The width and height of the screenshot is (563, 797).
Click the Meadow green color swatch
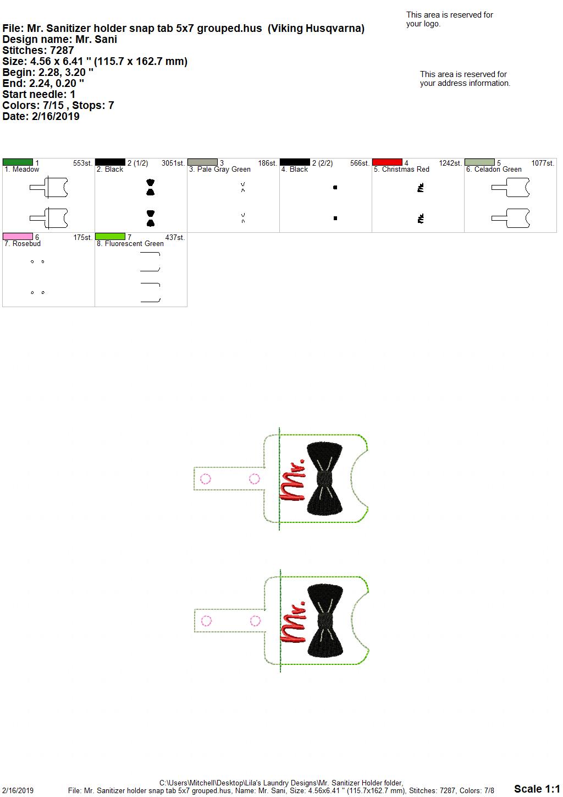click(18, 162)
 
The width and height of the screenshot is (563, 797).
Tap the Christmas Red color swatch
click(387, 162)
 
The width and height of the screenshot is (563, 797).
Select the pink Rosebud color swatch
click(18, 236)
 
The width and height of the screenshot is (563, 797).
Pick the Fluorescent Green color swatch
click(110, 236)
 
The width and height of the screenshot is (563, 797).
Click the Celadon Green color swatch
click(479, 162)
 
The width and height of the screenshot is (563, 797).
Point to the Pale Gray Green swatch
click(202, 162)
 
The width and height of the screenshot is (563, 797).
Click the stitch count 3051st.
click(173, 163)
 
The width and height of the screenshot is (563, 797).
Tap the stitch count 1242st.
click(450, 163)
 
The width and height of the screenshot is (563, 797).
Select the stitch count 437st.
click(175, 237)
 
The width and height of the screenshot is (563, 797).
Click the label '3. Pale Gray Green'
click(220, 170)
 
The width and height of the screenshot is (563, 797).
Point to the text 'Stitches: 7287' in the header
click(38, 50)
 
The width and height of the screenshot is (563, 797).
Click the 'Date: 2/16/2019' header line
click(41, 116)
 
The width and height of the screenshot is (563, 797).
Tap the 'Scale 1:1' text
click(537, 788)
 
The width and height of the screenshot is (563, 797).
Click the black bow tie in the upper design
click(324, 478)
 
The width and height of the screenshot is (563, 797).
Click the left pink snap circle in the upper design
click(206, 479)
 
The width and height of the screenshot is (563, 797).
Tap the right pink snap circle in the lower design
click(255, 621)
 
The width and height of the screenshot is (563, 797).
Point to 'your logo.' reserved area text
click(423, 24)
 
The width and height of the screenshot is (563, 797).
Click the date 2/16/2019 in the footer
click(18, 790)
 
